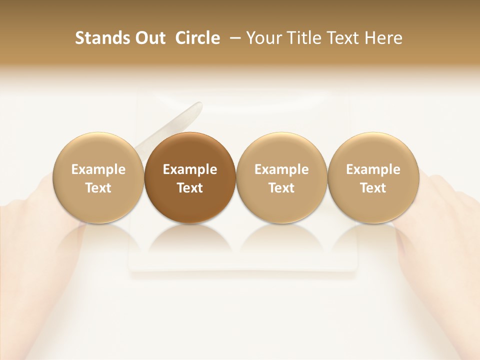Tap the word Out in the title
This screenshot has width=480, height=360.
pyautogui.click(x=149, y=38)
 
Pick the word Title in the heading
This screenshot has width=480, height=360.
pyautogui.click(x=299, y=38)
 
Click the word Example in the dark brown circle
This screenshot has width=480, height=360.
pyautogui.click(x=190, y=169)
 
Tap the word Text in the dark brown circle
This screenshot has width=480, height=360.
pyautogui.click(x=190, y=188)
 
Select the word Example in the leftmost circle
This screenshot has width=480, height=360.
pyautogui.click(x=98, y=169)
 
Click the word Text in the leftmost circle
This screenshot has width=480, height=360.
pyautogui.click(x=98, y=188)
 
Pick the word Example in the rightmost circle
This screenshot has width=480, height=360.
pyautogui.click(x=373, y=169)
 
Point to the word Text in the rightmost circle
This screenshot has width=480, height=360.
pyautogui.click(x=373, y=188)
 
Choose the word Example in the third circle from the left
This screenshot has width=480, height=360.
pyautogui.click(x=281, y=169)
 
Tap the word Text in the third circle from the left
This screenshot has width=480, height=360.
pyautogui.click(x=281, y=188)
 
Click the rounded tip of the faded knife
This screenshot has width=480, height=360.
pyautogui.click(x=198, y=107)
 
